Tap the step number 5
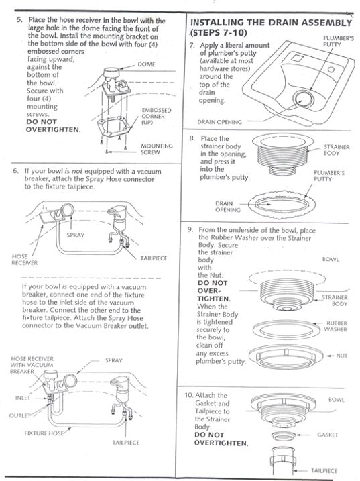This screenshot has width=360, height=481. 17,21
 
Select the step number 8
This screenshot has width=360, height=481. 192,138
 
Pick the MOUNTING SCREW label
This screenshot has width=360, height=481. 156,149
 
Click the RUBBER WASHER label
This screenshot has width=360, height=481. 335,326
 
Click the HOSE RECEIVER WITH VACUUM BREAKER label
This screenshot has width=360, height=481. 31,366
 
